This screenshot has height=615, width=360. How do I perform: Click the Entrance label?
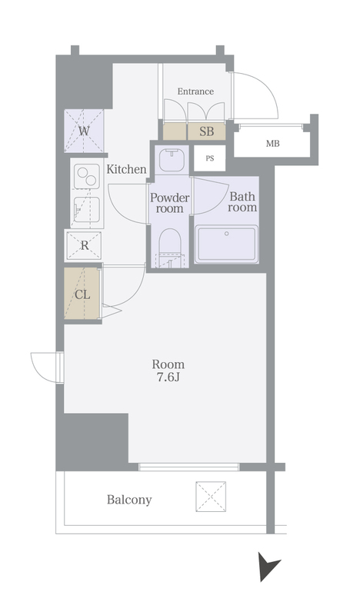pos(195,91)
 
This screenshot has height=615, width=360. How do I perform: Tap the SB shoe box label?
pos(206,131)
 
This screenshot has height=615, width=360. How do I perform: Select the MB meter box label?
pos(273,144)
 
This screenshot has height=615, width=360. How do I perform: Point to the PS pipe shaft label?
pos(210,158)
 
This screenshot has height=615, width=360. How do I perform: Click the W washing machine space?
pos(84,131)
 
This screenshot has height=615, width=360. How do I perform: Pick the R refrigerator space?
pos(83,246)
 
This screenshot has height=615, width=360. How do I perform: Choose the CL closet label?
pos(82,295)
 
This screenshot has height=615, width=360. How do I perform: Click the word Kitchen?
pos(126,169)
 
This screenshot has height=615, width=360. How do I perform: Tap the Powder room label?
pos(169,203)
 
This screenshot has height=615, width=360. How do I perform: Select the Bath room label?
pos(242,201)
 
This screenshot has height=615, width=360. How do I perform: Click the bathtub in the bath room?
pos(227,244)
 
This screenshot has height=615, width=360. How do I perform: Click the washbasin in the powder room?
pos(172,160)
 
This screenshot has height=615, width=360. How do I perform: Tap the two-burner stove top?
pos(87,176)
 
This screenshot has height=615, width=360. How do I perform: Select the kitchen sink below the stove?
pos(87,209)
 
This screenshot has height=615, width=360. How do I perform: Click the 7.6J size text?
pos(168,377)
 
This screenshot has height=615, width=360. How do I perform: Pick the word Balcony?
pos(129,500)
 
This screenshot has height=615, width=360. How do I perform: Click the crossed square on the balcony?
pos(211,497)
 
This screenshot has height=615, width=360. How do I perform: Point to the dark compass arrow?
pos(268,566)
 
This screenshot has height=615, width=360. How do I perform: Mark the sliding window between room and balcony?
pos(188,467)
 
